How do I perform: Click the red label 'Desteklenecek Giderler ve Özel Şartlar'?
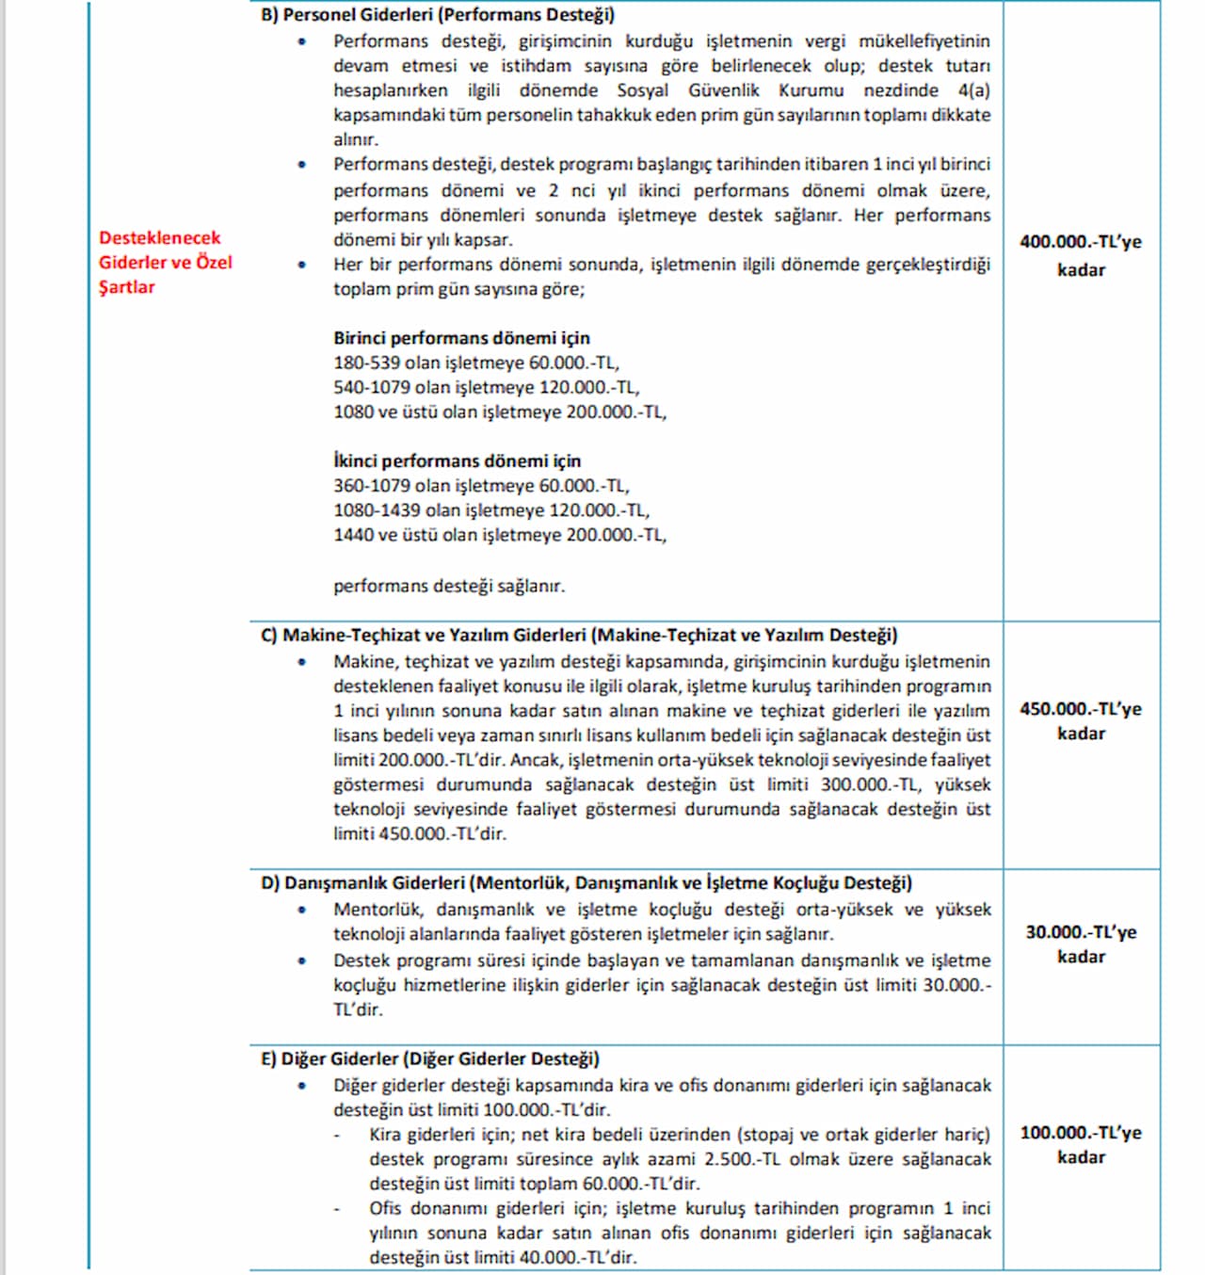(166, 263)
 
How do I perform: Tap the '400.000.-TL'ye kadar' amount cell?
(1080, 255)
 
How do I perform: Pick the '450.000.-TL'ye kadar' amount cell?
(1080, 720)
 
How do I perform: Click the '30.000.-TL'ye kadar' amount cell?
(1080, 944)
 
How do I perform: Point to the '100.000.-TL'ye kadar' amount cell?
(1080, 1144)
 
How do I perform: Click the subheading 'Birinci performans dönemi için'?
(461, 338)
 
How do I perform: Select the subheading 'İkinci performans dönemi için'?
(457, 461)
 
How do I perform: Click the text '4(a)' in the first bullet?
(973, 90)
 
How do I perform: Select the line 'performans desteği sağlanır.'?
(449, 586)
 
